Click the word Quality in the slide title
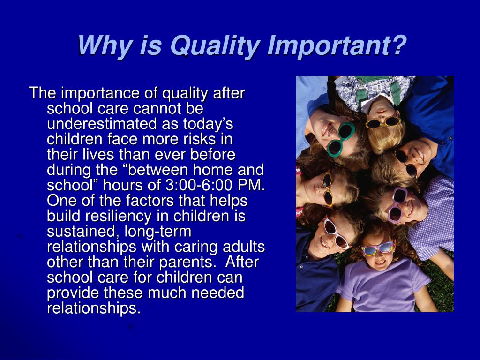(216, 46)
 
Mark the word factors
(146, 201)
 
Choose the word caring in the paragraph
(206, 247)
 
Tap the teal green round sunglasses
(341, 139)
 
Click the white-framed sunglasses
(336, 233)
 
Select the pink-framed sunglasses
(396, 204)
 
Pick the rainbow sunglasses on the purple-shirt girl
(377, 248)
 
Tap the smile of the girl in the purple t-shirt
(381, 262)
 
